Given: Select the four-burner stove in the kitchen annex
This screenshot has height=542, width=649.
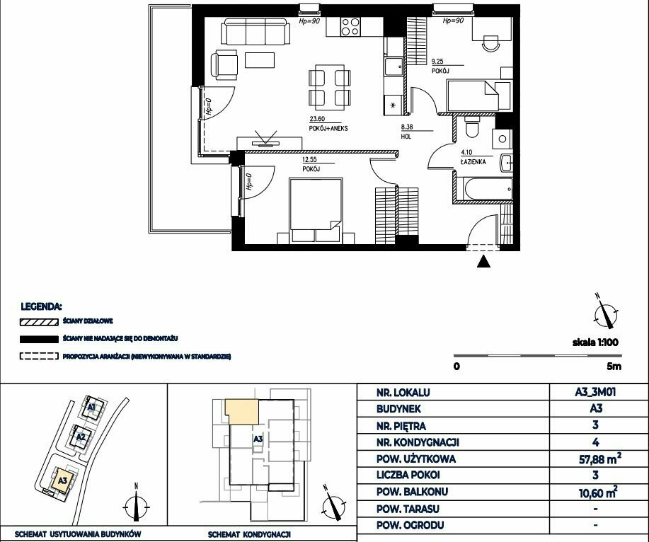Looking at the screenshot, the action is click(x=350, y=26).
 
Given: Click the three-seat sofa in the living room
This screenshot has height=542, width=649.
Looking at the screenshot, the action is click(x=255, y=31).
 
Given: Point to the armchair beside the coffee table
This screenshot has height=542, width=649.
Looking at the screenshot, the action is click(x=224, y=65).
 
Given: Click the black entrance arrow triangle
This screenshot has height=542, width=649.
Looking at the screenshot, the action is click(x=483, y=262).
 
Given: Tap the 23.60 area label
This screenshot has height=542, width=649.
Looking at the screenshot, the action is click(x=317, y=119).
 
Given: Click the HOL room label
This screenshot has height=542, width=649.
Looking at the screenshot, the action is click(x=406, y=137).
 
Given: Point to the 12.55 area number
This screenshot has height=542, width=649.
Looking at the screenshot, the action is click(x=309, y=159).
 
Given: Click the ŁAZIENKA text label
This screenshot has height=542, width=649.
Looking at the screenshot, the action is click(x=473, y=162).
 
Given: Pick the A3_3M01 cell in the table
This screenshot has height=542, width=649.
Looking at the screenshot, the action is click(x=595, y=392).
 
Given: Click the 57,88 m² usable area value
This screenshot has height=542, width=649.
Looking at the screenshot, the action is click(x=599, y=458).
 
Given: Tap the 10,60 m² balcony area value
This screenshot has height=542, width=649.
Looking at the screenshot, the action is click(x=598, y=492).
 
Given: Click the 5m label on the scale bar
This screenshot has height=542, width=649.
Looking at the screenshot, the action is click(x=614, y=366).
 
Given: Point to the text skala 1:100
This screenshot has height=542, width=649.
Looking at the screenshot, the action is click(x=595, y=342).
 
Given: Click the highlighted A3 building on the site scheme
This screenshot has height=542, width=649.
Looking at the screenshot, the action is click(x=63, y=480).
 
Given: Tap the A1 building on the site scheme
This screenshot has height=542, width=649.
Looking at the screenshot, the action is click(x=92, y=407).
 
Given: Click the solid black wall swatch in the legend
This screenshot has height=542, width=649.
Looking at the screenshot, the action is click(x=39, y=339).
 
